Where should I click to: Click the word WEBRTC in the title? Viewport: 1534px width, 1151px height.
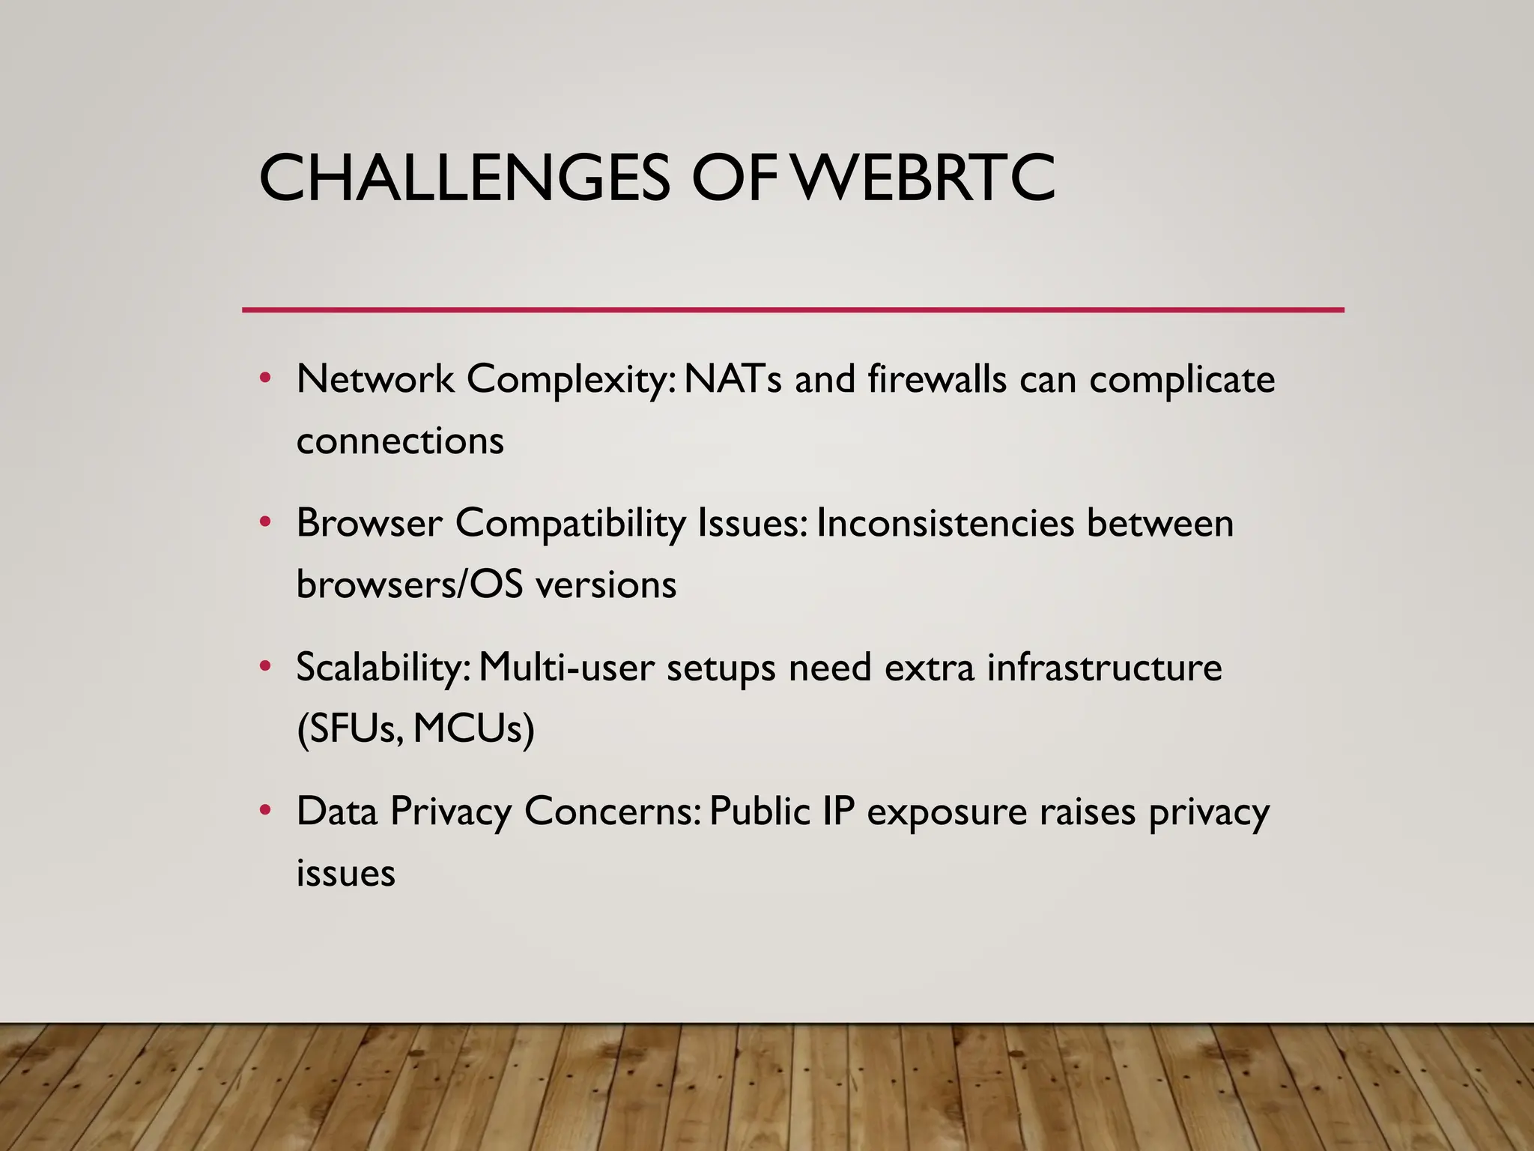[x=924, y=178]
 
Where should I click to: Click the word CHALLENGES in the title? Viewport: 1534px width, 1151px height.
[x=464, y=178]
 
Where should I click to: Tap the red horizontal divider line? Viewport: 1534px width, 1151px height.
[x=792, y=309]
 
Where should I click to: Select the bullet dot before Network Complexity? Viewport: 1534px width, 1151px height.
[x=264, y=378]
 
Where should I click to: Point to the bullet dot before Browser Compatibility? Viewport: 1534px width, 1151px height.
[x=264, y=522]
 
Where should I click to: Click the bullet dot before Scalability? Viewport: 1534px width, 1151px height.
[x=264, y=665]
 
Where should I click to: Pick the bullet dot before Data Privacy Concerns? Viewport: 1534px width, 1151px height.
[x=264, y=809]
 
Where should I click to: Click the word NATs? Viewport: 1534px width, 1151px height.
[x=733, y=379]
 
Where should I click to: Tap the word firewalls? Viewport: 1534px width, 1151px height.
[x=937, y=379]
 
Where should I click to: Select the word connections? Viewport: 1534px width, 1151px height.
[x=400, y=441]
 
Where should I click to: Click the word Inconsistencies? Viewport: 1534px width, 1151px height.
[x=945, y=523]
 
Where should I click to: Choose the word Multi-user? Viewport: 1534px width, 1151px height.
[x=566, y=667]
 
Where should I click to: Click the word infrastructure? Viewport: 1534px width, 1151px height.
[x=1104, y=667]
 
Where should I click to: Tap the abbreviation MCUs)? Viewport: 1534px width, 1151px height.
[x=473, y=728]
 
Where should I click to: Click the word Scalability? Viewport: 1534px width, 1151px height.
[x=383, y=667]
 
